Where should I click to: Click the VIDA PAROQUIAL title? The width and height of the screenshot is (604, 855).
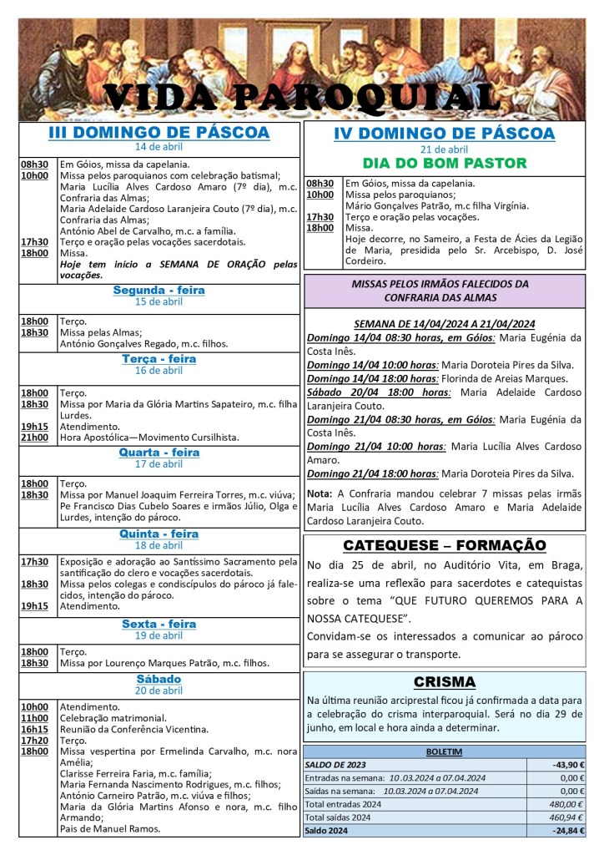[x=301, y=98]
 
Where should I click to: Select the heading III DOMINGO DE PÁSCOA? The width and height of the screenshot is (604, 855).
[x=159, y=133]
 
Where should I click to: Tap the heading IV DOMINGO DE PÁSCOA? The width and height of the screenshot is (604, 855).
[x=444, y=134]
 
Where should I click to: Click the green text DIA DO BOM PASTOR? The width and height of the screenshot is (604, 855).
[x=444, y=163]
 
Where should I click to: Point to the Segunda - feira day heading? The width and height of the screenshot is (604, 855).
[x=159, y=291]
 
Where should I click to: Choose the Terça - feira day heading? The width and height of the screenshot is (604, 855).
[x=159, y=359]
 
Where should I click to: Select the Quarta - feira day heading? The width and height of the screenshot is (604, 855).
[x=159, y=453]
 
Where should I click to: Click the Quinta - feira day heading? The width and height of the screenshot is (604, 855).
[x=159, y=534]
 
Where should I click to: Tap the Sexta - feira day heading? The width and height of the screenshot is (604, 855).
[x=159, y=624]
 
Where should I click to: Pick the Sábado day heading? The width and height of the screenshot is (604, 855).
[x=159, y=679]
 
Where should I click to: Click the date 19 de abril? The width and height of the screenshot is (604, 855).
[x=159, y=635]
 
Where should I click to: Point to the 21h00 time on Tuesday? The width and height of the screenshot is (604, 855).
[x=34, y=438]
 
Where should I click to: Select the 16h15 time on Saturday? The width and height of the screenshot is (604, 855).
[x=34, y=729]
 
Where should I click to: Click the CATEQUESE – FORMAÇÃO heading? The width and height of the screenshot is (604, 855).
[x=445, y=545]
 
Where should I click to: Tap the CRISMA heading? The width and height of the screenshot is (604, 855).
[x=445, y=681]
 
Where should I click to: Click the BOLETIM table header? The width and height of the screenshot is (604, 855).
[x=445, y=751]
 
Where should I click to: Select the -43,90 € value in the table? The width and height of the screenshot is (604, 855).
[x=567, y=765]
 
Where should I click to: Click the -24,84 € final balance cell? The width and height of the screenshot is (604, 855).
[x=567, y=831]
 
